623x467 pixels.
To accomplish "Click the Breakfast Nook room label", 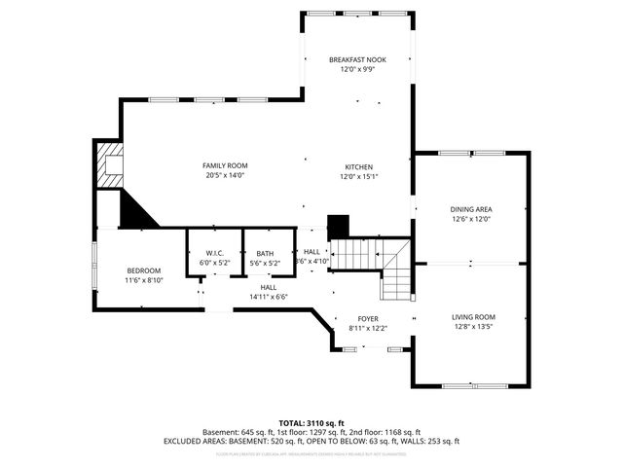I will tap(357, 60).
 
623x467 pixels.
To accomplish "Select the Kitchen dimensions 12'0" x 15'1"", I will tap(357, 176).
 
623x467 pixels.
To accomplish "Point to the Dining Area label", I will tap(470, 209).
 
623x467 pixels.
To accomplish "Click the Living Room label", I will tap(473, 317).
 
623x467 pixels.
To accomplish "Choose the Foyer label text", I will tap(368, 319).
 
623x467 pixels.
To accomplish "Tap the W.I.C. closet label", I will tap(214, 253).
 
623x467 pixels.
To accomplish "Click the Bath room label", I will tap(266, 253).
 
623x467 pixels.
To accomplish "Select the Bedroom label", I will tap(144, 270).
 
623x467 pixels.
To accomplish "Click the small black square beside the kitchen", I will tap(338, 226).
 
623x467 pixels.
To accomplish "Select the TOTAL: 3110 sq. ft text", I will tap(311, 423).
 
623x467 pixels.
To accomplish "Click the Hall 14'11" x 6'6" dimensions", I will tap(269, 297).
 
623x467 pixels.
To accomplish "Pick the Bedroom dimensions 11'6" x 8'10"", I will tap(144, 280).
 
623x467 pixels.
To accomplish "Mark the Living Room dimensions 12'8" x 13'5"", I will tap(473, 328).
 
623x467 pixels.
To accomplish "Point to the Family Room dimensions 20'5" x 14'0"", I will tap(225, 176).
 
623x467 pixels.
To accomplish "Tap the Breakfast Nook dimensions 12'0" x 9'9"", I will tap(357, 70).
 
